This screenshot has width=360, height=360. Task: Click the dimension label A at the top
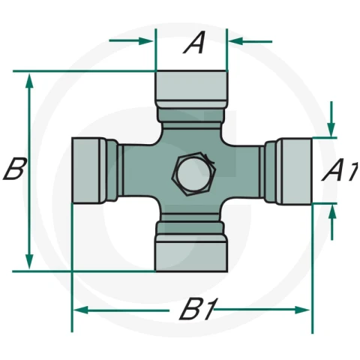click(195, 42)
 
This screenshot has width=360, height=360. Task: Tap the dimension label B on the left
click(14, 169)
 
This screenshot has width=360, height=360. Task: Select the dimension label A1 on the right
click(340, 169)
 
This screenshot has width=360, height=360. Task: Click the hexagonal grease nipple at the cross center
click(193, 174)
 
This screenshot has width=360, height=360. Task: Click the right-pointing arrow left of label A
click(131, 41)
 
